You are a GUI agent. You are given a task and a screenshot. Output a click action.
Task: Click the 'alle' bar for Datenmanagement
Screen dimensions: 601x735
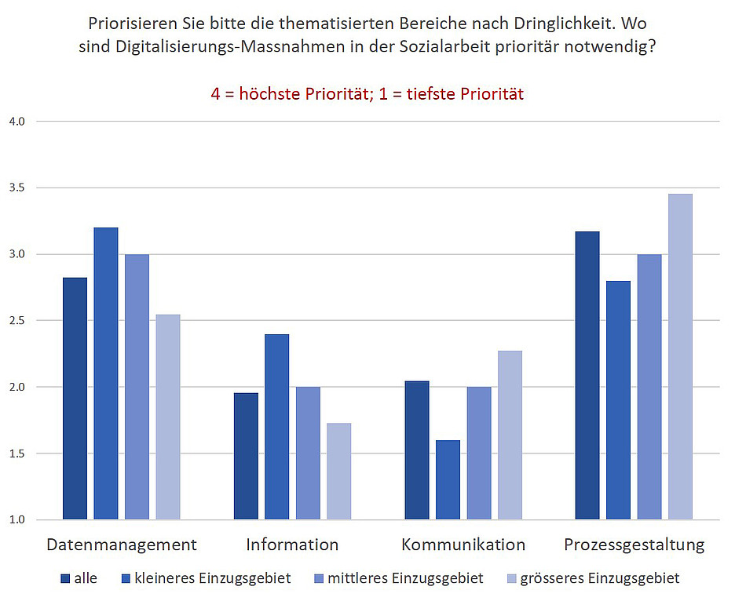[x=75, y=399]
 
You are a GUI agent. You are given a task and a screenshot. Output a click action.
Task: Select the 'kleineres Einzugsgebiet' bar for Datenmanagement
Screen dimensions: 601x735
[x=106, y=373]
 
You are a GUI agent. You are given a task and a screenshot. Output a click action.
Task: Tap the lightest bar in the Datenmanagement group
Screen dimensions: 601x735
[x=168, y=417]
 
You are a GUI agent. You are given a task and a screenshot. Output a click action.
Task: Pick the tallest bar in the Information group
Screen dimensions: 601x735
[x=276, y=427]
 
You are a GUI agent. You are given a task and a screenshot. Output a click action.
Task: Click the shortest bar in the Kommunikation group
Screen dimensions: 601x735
[x=448, y=480]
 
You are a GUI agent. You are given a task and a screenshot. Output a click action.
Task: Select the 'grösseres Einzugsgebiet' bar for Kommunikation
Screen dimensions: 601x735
[x=510, y=435]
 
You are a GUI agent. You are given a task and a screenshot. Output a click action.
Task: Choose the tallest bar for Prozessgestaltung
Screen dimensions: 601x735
[x=680, y=357]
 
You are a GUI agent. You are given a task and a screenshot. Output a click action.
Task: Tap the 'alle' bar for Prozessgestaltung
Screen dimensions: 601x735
[x=587, y=376]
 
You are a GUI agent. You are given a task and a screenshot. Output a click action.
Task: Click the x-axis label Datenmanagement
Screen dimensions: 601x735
[x=122, y=545]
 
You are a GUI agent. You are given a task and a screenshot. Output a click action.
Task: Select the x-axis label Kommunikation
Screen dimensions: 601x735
[x=463, y=545]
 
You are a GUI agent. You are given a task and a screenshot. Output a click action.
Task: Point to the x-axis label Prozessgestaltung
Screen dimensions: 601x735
[x=634, y=545]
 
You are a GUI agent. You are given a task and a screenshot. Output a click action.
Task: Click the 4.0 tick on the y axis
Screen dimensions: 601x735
[x=17, y=122]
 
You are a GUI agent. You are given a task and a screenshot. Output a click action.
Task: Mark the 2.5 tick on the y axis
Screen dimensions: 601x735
[x=17, y=321]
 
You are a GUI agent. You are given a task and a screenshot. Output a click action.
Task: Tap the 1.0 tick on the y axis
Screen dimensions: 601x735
[x=17, y=519]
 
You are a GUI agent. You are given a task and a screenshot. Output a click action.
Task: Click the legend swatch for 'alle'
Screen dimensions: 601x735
[x=65, y=579]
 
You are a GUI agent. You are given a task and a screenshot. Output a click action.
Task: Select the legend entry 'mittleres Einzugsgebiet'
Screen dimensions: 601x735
[x=405, y=579]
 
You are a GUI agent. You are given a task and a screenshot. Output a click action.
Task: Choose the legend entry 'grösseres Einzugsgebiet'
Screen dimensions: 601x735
[x=600, y=579]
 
